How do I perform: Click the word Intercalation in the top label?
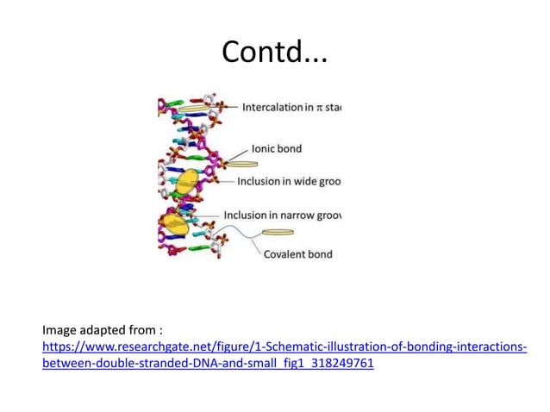pyautogui.click(x=272, y=108)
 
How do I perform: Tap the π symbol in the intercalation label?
pyautogui.click(x=319, y=108)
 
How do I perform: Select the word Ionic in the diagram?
pyautogui.click(x=263, y=148)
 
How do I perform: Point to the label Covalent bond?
pyautogui.click(x=297, y=254)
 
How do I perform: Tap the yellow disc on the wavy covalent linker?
pyautogui.click(x=278, y=232)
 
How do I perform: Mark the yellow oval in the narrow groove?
pyautogui.click(x=176, y=223)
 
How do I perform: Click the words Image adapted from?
pyautogui.click(x=102, y=329)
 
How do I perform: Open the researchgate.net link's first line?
pyautogui.click(x=284, y=346)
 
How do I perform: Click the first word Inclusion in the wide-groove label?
pyautogui.click(x=259, y=181)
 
